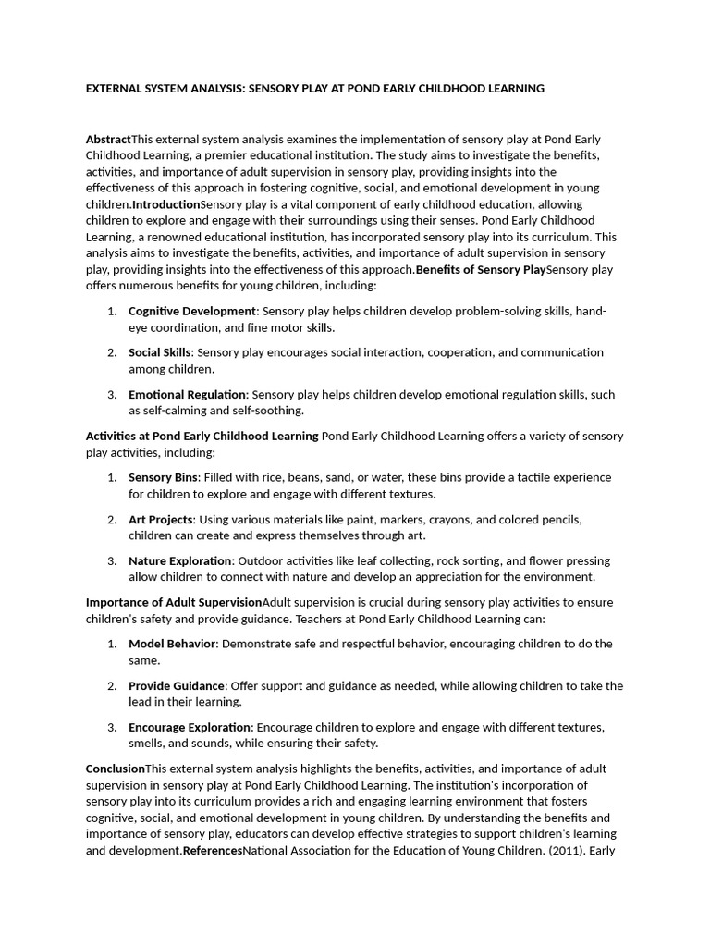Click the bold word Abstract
[x=108, y=139]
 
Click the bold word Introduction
[x=166, y=204]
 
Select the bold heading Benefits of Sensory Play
[x=481, y=270]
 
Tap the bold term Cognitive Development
[x=191, y=311]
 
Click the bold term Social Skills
[x=159, y=352]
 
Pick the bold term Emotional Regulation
[x=187, y=394]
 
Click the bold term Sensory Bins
[x=163, y=477]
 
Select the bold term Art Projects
[x=160, y=519]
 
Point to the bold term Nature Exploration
[x=179, y=560]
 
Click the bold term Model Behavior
[x=172, y=644]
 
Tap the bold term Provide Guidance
[x=176, y=685]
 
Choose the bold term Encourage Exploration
[x=190, y=727]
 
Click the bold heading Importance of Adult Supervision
[x=174, y=602]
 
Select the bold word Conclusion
[x=116, y=769]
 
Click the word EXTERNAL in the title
[x=115, y=89]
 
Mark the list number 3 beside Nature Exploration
[x=111, y=560]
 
